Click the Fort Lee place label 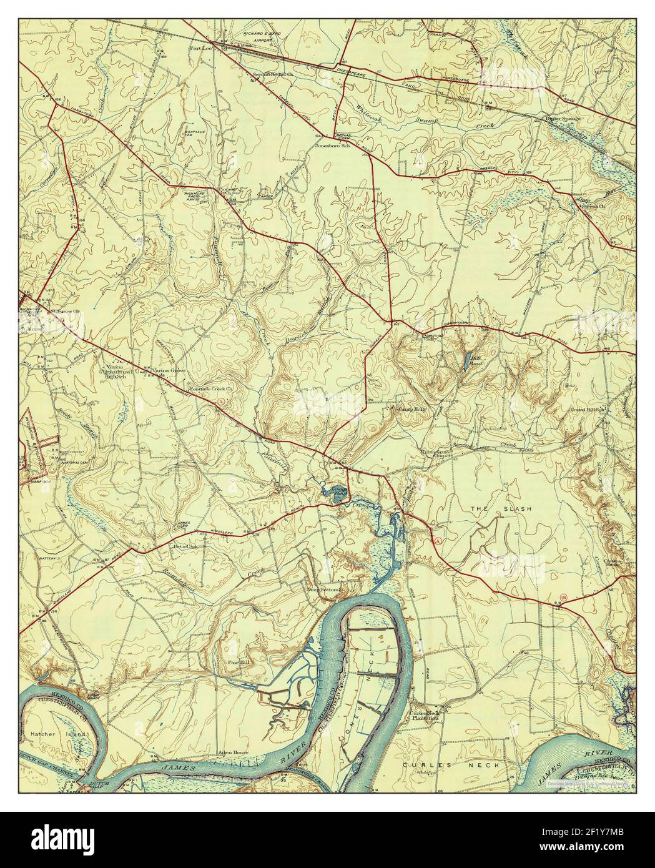[x=201, y=47]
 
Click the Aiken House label [x=232, y=753]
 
